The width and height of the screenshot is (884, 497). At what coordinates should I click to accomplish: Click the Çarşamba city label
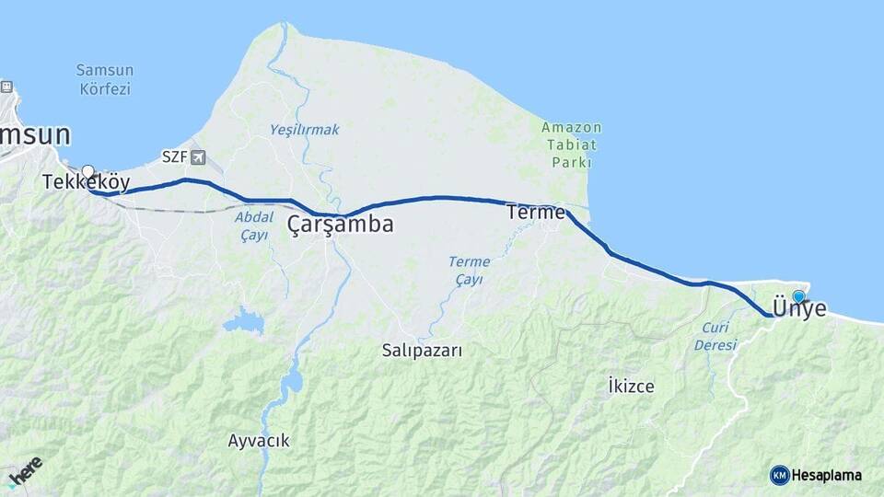tap(340, 224)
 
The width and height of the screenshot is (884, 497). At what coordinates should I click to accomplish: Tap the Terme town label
tap(535, 213)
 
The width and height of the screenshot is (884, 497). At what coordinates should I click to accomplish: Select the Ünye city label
tap(799, 309)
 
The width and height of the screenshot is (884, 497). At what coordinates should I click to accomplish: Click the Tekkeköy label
tap(86, 182)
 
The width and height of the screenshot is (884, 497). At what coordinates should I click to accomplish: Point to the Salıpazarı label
tap(422, 350)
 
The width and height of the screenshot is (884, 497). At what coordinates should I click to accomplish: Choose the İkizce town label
tap(631, 386)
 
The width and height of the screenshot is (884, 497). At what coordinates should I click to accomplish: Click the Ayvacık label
tap(259, 441)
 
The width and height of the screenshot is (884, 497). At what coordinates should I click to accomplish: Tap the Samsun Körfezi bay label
tap(105, 79)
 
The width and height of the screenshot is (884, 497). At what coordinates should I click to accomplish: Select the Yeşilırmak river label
tap(304, 130)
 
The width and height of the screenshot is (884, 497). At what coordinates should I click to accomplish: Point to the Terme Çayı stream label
tap(469, 271)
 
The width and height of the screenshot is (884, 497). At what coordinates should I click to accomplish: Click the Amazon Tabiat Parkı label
tap(572, 144)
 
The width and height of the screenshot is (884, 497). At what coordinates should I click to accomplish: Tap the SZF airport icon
tap(199, 157)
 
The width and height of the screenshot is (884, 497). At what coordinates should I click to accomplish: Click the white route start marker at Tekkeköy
tap(88, 171)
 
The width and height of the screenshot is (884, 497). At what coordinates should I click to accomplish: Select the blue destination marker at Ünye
tap(798, 296)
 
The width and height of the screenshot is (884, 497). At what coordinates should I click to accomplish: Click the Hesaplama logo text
tap(827, 475)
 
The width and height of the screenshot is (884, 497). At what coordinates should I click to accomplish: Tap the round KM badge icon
tap(779, 475)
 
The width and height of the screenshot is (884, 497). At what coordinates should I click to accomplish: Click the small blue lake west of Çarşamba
tap(243, 321)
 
